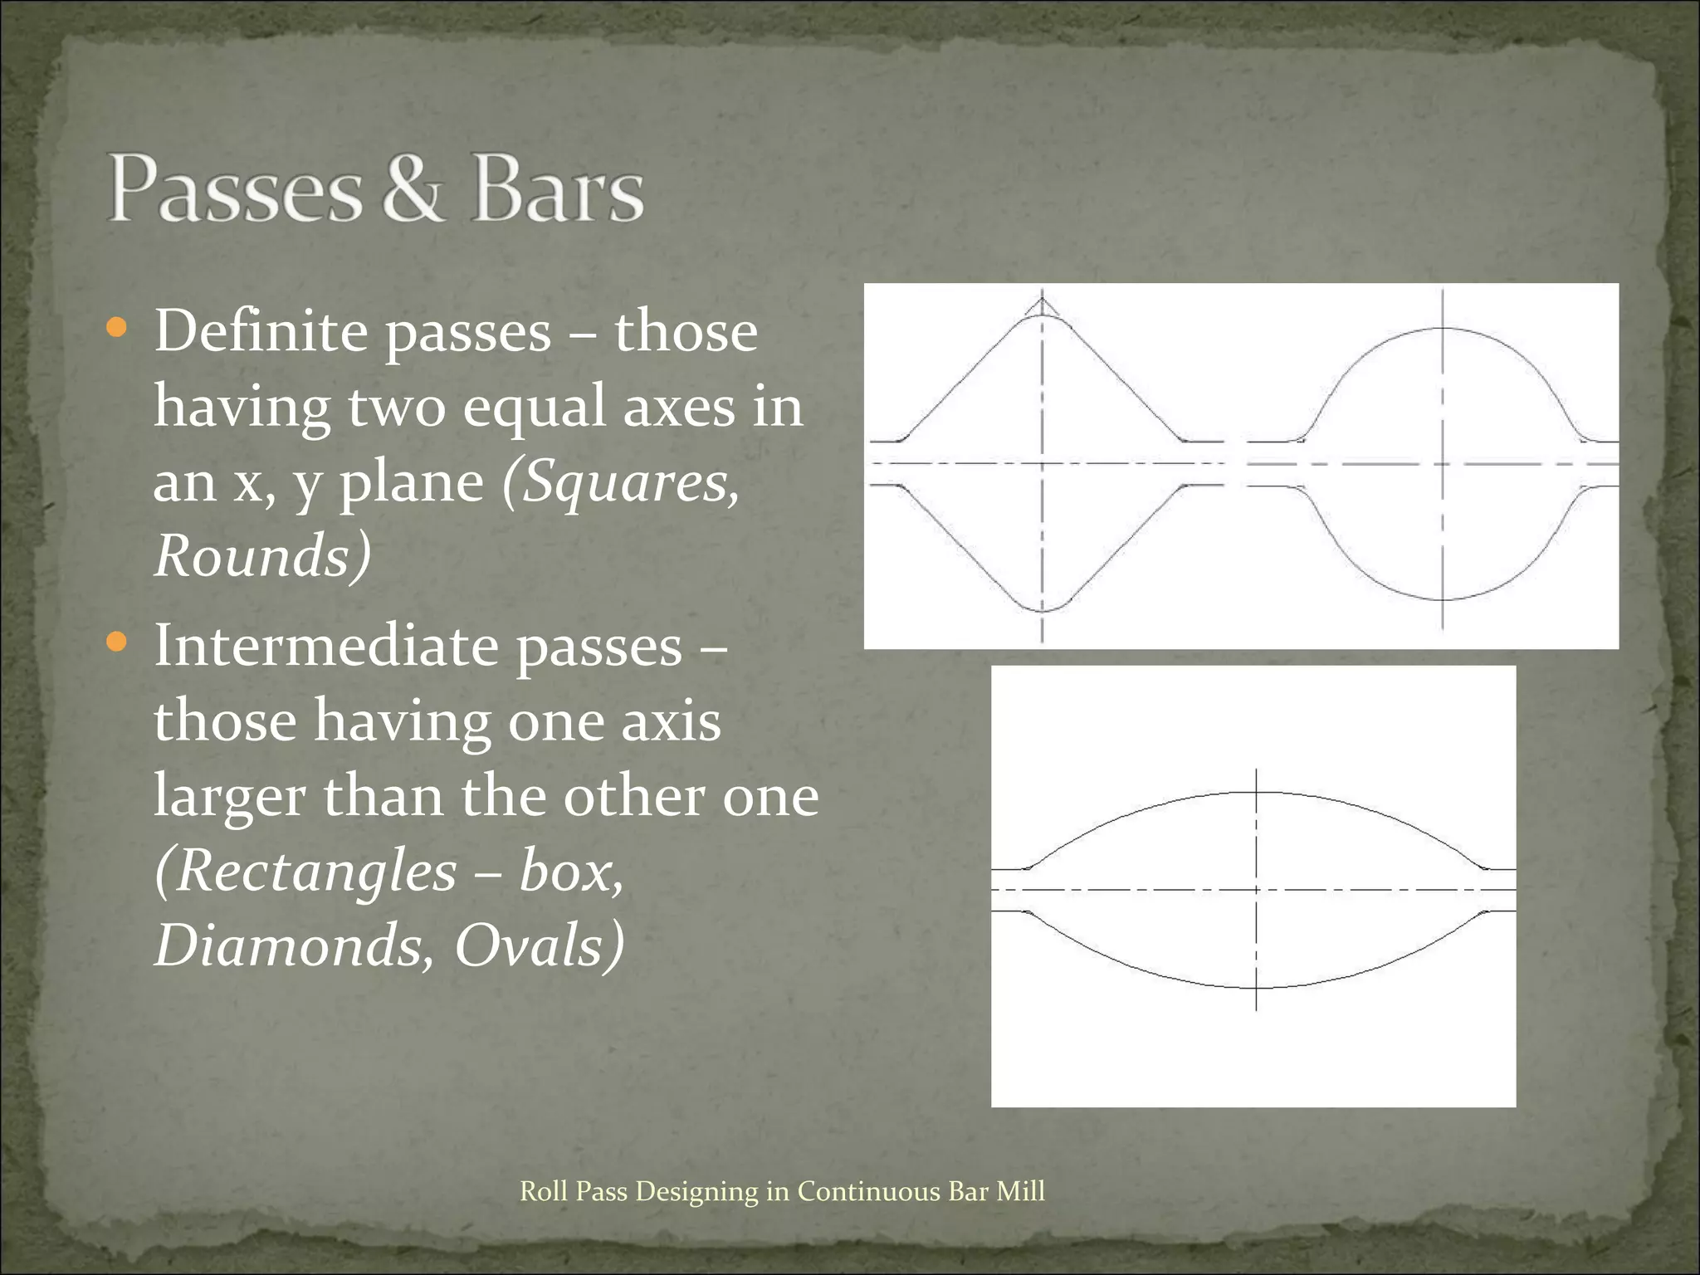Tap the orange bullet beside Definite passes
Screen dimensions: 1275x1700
(x=117, y=328)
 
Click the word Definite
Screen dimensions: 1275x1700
(x=261, y=331)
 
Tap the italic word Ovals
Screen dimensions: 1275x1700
(x=529, y=945)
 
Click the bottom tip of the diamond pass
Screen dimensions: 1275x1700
(x=1043, y=612)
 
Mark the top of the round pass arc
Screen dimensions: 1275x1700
(x=1443, y=329)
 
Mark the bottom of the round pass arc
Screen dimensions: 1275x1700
(x=1443, y=599)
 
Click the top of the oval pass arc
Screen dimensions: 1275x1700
(x=1256, y=792)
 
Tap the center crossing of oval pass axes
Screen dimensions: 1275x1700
(x=1256, y=890)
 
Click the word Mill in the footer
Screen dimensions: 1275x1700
(x=1020, y=1191)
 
